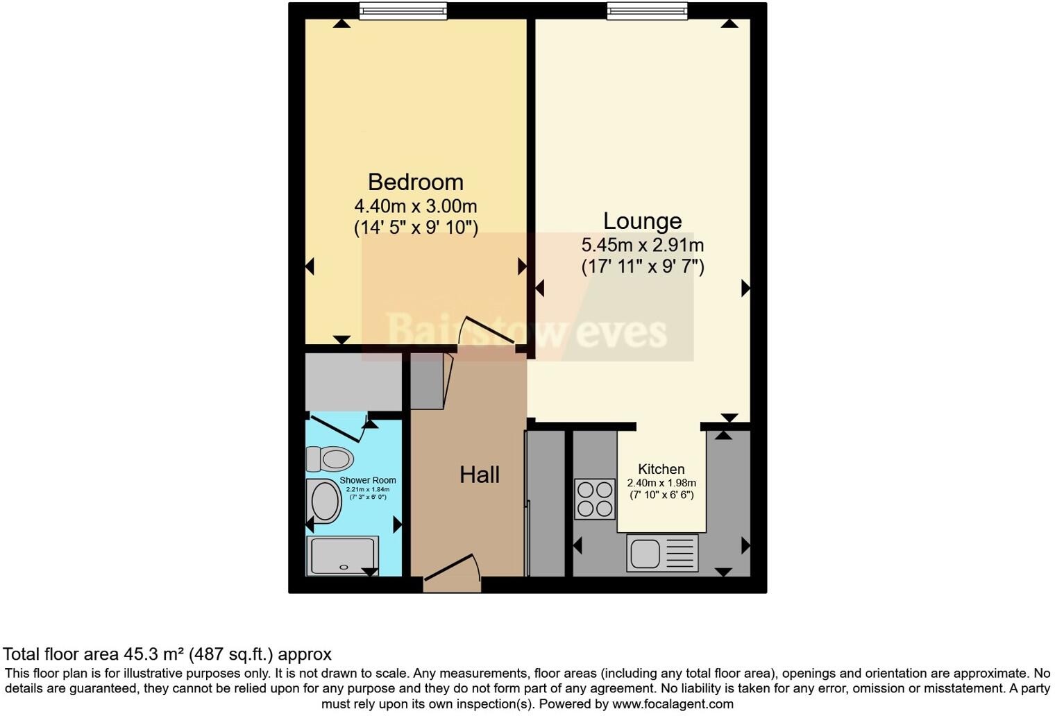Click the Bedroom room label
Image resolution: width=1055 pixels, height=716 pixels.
tap(415, 182)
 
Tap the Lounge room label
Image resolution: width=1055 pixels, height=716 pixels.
tap(642, 221)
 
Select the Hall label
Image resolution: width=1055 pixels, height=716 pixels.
tap(479, 475)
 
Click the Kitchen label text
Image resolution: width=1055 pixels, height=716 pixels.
tap(661, 469)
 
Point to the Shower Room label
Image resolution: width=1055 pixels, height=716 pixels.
tap(368, 480)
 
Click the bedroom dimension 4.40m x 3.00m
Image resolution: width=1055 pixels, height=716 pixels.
tap(415, 206)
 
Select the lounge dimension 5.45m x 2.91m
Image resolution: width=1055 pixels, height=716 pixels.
tap(642, 245)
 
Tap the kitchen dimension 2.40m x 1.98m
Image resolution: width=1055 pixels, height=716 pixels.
tap(661, 483)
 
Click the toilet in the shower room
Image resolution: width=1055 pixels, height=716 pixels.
tap(330, 459)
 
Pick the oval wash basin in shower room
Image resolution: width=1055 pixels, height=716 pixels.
tap(325, 501)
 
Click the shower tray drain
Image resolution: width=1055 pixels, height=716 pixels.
tap(344, 567)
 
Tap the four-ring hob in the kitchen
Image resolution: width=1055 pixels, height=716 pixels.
tap(595, 499)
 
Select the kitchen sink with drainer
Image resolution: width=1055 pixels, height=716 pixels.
tap(662, 553)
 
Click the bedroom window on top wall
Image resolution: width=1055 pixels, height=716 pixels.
tap(403, 10)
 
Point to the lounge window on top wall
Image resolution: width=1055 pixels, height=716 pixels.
tap(647, 10)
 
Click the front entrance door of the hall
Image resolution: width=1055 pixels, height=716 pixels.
tap(452, 573)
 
